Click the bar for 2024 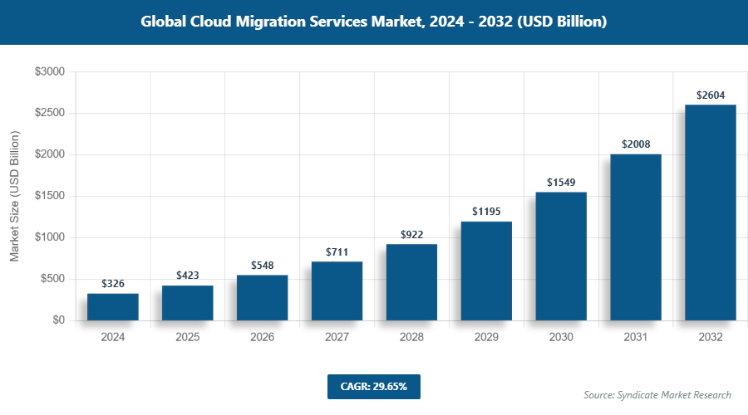click(113, 306)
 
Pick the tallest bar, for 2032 click(711, 212)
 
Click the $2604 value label click(711, 95)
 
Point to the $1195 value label click(486, 212)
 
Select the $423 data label click(188, 276)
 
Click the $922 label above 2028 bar click(411, 235)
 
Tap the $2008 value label click(636, 144)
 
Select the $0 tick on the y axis click(57, 320)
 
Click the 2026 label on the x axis click(263, 338)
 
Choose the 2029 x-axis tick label click(486, 338)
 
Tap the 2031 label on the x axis click(636, 338)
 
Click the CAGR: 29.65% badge click(374, 387)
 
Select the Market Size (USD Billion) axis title click(14, 196)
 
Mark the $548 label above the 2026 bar click(263, 266)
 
